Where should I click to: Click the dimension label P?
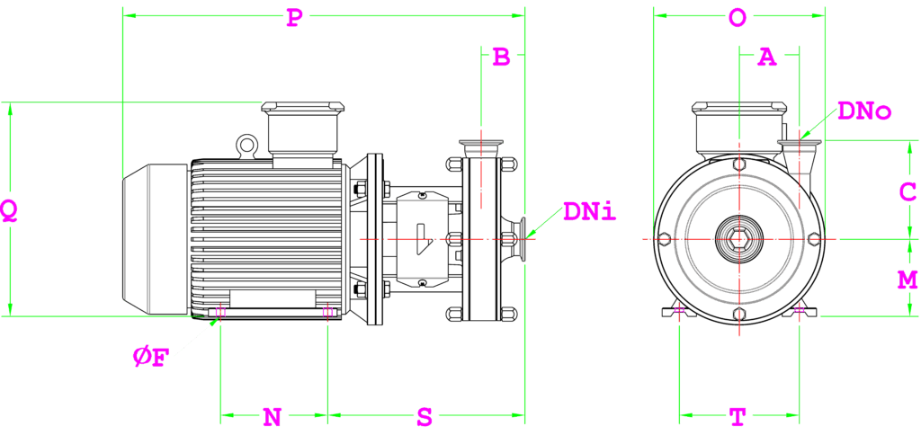pos(293,19)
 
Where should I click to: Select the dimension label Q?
pos(10,210)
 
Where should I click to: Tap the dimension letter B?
pos(501,58)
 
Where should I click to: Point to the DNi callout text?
pos(589,212)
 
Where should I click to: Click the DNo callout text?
pos(863,111)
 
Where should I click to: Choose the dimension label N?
pos(272,417)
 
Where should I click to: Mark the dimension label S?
pos(425,417)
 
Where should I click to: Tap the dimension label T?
pos(738,417)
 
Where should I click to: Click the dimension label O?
pos(738,19)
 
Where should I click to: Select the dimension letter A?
pos(766,58)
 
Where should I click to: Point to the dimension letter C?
pos(908,191)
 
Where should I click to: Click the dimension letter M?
pos(908,280)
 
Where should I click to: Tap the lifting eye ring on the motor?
pos(246,144)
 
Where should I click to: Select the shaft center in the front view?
pos(738,239)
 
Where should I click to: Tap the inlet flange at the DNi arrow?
pos(517,239)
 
